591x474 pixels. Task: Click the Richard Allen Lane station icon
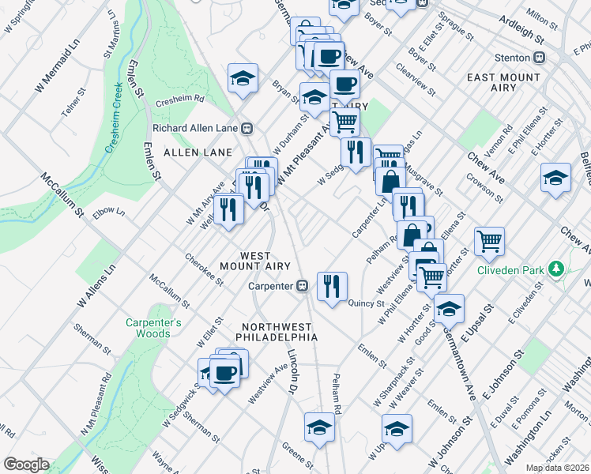247,127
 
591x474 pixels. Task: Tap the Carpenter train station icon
301,287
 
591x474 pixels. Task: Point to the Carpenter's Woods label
153,328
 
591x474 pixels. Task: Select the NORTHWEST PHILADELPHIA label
280,332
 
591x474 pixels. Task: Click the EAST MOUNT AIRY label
503,77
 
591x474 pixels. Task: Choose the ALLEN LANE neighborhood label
198,152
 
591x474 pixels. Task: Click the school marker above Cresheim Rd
243,77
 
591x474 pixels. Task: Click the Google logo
26,465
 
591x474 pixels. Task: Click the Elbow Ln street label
108,213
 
